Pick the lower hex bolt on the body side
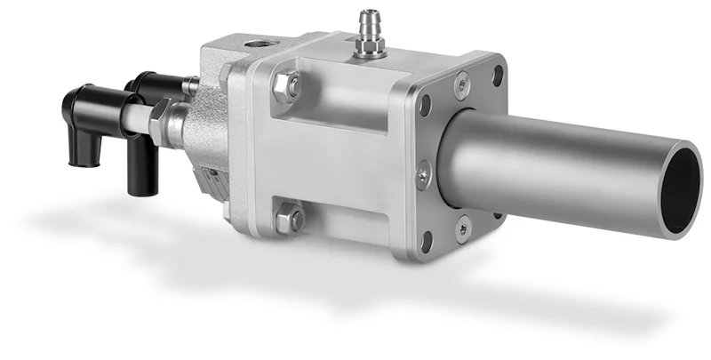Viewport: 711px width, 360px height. pyautogui.click(x=289, y=218)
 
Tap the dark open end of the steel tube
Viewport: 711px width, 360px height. pyautogui.click(x=682, y=188)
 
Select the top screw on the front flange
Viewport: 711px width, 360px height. pyautogui.click(x=461, y=84)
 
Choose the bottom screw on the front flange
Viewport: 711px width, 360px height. pyautogui.click(x=463, y=228)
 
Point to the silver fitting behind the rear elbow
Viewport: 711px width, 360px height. pyautogui.click(x=189, y=86)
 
